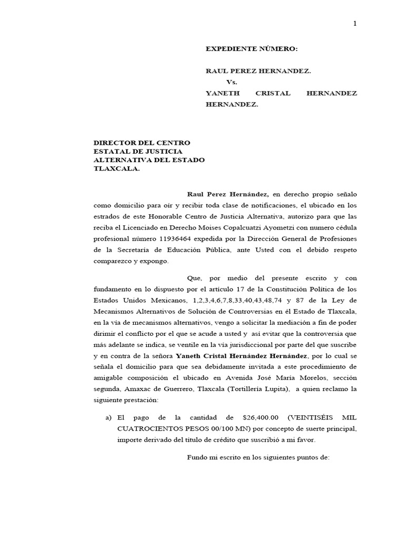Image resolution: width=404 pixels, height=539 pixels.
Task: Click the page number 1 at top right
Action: (x=355, y=23)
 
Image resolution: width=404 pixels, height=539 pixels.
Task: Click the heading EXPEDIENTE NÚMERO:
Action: (x=251, y=49)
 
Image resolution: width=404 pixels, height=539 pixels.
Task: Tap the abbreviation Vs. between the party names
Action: (x=232, y=82)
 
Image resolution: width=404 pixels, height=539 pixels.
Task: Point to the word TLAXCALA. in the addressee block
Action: (x=117, y=169)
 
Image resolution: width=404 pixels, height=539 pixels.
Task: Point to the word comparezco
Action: (x=112, y=261)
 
